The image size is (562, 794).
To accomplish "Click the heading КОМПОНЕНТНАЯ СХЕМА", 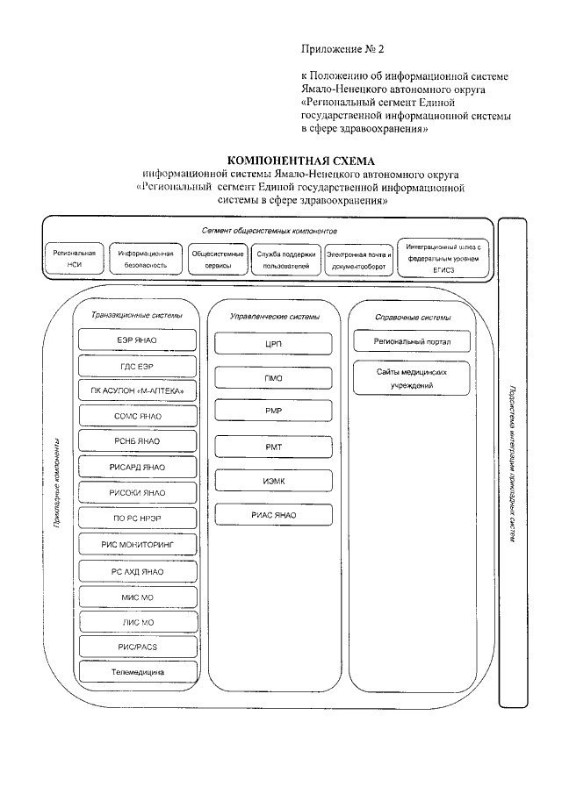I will coord(300,161).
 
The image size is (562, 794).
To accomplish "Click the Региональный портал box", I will coord(412,340).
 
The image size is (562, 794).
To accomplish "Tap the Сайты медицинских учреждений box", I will coord(412,378).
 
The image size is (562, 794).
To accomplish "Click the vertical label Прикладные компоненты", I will coord(57,483).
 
